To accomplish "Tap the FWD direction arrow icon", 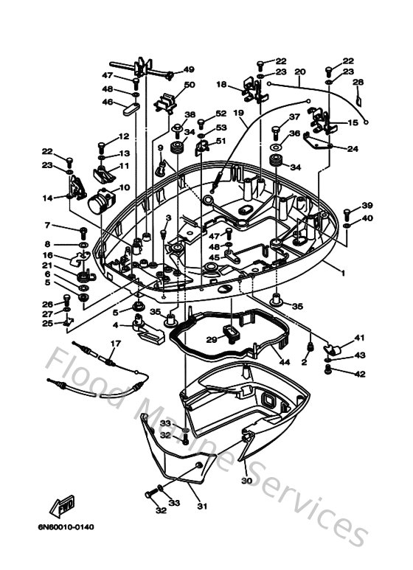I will [x=60, y=507].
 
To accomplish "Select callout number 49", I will [x=188, y=70].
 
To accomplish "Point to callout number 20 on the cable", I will [x=299, y=72].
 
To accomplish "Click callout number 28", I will [x=358, y=83].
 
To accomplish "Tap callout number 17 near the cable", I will [x=115, y=344].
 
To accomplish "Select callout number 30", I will [x=246, y=481].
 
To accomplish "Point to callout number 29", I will [x=211, y=340].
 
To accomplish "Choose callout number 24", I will [x=353, y=149].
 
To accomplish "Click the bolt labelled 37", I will [x=276, y=131].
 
